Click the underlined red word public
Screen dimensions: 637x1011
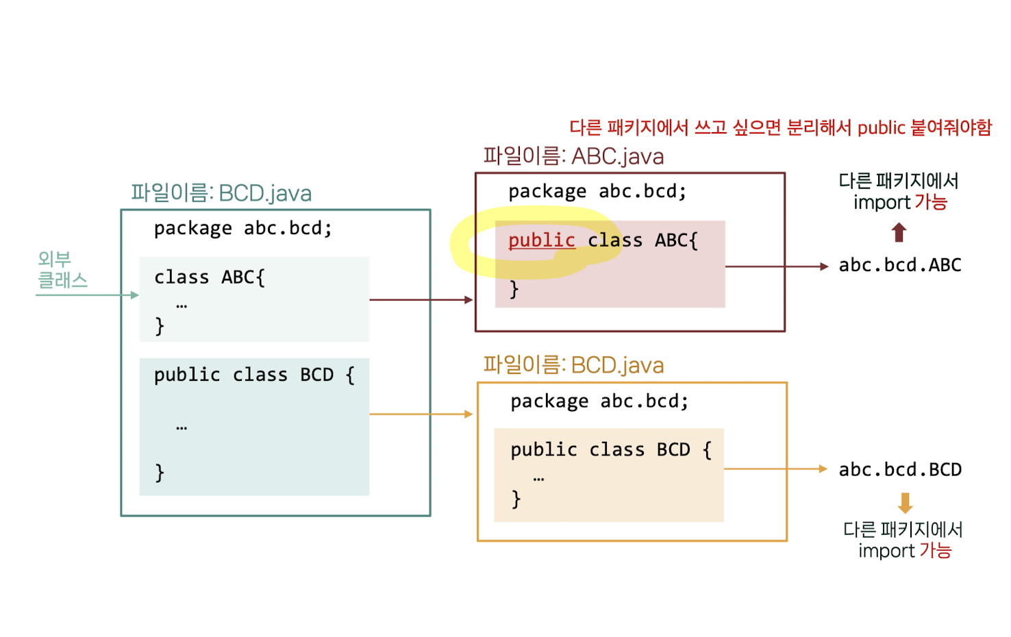pos(541,240)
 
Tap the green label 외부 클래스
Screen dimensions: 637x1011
pos(62,269)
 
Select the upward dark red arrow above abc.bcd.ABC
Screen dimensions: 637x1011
pos(899,233)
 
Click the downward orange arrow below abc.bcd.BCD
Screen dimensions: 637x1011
pos(905,503)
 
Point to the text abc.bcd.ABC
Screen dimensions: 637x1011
pos(900,265)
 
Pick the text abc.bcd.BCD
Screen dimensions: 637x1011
pos(900,470)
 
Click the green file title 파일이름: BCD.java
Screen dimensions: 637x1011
pos(221,193)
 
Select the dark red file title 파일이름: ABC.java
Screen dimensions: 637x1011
pos(573,156)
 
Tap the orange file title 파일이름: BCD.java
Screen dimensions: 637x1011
pos(573,365)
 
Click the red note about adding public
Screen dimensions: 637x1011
pos(780,127)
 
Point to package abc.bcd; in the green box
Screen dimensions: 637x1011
pos(242,228)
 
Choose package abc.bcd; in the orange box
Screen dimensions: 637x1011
pos(599,401)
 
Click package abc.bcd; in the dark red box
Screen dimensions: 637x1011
pos(597,191)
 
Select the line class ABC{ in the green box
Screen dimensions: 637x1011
pos(209,277)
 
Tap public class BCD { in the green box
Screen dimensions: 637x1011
pos(253,375)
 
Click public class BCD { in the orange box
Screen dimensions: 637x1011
pos(610,450)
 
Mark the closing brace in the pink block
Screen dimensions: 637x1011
pos(514,289)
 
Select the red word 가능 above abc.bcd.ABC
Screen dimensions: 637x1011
pos(930,203)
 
